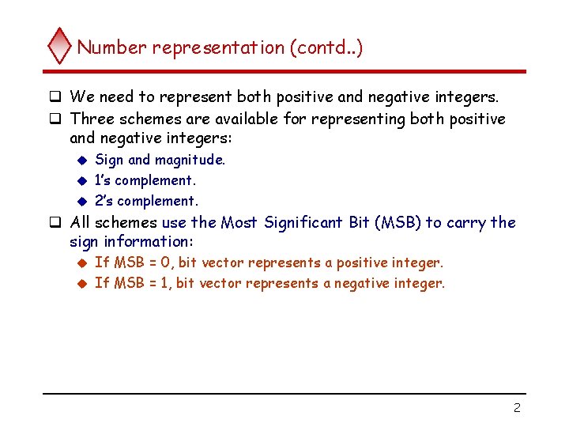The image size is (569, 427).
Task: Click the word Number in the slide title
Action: (x=112, y=47)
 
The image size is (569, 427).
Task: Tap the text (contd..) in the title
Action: (x=326, y=47)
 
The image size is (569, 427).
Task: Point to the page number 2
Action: (x=516, y=408)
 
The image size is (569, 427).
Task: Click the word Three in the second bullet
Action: (x=92, y=119)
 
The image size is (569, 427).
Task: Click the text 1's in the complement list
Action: (x=103, y=180)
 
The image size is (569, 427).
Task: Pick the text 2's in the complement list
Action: (x=103, y=201)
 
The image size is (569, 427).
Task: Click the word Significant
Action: (x=303, y=223)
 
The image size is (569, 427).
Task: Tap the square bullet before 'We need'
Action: (x=56, y=98)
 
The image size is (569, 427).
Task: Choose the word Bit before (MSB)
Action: (x=360, y=223)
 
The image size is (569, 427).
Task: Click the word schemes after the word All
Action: (x=126, y=223)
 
